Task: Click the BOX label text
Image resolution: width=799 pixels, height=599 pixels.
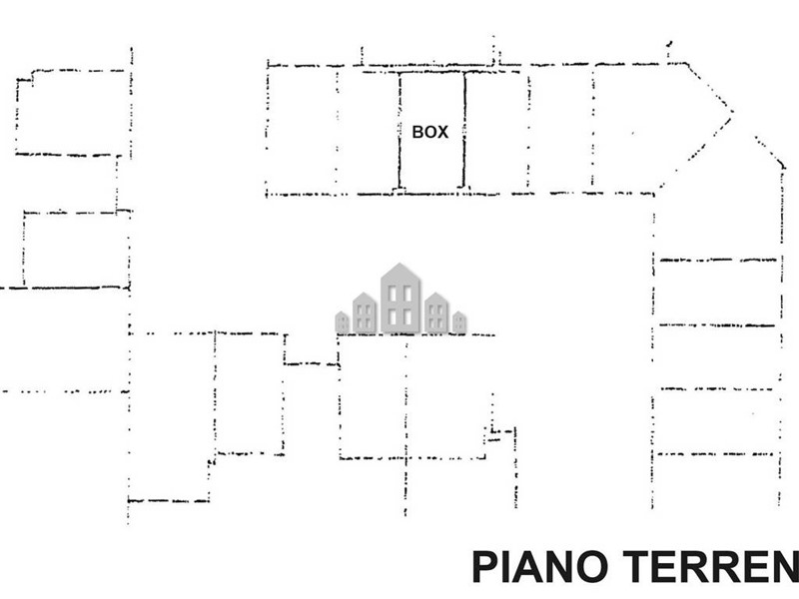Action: click(430, 132)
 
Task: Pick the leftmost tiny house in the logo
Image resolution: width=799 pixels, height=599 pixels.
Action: click(342, 322)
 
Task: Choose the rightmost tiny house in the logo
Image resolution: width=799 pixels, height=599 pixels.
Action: click(459, 322)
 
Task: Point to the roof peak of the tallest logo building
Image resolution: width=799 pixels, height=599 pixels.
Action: click(400, 265)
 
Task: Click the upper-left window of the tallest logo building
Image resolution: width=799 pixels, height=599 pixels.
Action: click(393, 293)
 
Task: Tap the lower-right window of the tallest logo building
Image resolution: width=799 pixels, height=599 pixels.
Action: click(407, 316)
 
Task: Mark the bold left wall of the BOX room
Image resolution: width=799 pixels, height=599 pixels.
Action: click(399, 130)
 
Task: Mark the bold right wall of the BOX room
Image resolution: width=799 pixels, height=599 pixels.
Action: click(463, 130)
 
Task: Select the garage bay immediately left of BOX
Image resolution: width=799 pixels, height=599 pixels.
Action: click(368, 130)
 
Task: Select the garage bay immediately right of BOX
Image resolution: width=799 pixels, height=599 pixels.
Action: click(495, 130)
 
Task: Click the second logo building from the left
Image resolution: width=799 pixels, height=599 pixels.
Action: click(365, 313)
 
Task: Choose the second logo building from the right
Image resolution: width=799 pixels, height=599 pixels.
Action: click(436, 313)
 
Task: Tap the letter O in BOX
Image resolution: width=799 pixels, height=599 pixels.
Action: click(430, 132)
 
